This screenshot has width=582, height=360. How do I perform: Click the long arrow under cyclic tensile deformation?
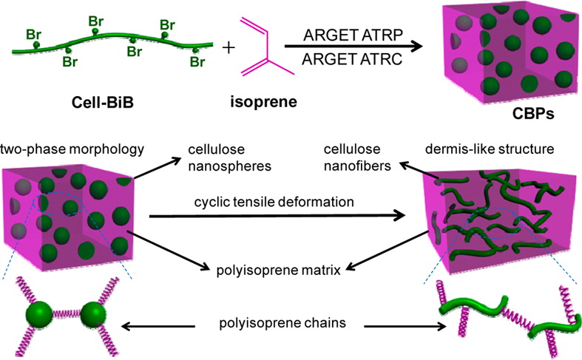click(x=281, y=217)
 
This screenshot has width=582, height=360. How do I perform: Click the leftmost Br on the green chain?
click(x=33, y=34)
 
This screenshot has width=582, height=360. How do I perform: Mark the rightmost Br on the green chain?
click(x=197, y=62)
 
